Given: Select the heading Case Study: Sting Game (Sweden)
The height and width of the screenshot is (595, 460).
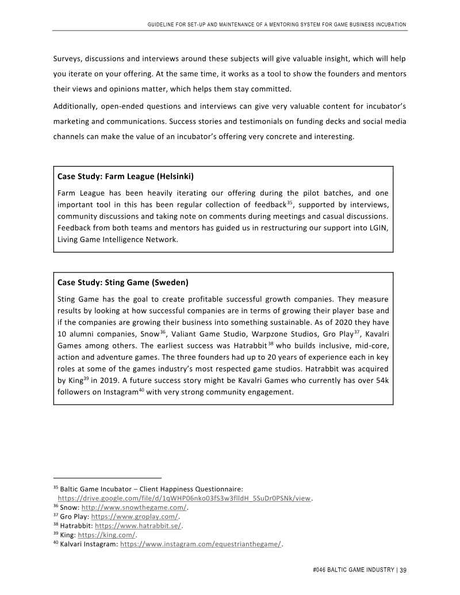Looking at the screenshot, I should pos(123,282).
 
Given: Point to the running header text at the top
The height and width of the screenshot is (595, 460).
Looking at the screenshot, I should pos(277,24).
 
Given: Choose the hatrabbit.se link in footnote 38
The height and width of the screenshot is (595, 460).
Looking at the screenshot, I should pos(138,525).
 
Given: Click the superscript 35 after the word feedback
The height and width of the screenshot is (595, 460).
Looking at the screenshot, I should pos(290,202).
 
